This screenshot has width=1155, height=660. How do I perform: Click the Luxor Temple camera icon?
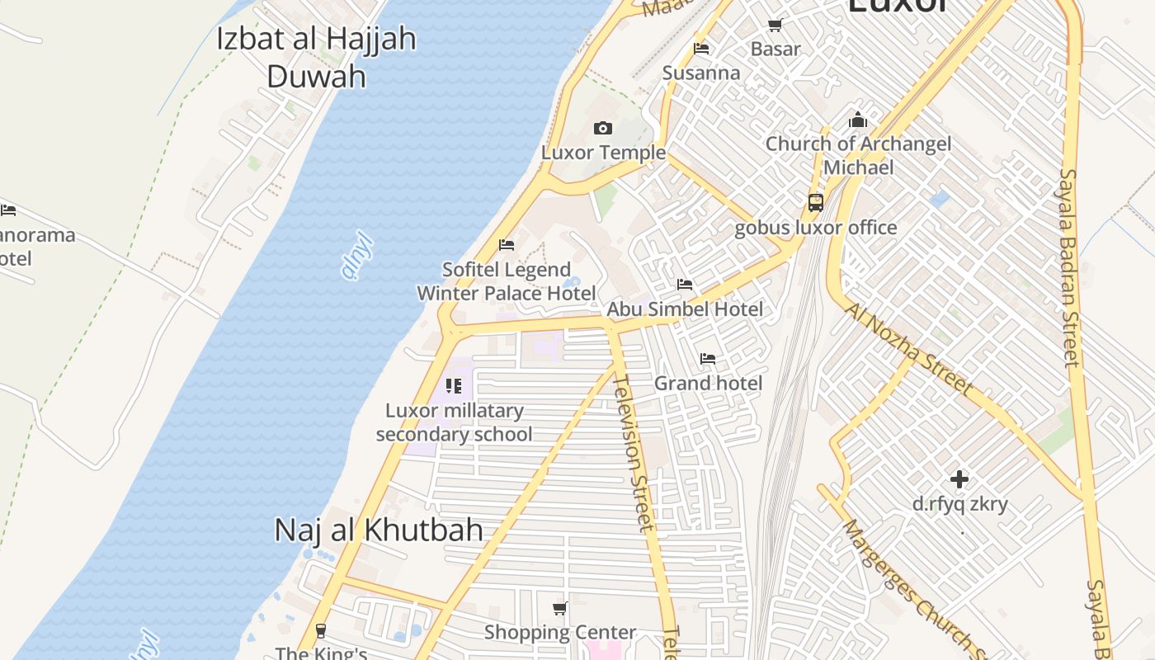pos(603,128)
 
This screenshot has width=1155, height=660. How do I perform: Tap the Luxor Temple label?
pos(603,153)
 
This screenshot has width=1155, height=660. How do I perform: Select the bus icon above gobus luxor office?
pos(815,202)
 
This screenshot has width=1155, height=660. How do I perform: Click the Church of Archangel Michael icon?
pos(858,120)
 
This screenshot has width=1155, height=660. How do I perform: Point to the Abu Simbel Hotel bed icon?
pos(685,285)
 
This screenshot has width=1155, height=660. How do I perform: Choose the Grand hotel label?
pos(708,383)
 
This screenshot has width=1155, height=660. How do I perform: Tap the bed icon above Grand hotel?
pos(708,359)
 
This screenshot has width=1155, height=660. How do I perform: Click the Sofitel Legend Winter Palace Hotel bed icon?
pos(507,245)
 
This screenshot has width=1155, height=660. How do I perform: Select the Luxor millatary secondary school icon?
pos(453,385)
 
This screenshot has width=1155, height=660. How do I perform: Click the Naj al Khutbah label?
pos(379,530)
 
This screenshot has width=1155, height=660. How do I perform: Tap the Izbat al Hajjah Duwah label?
pos(317,58)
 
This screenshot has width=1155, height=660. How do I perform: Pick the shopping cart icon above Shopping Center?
pos(560,609)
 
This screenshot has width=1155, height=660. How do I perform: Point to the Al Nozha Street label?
pos(908,349)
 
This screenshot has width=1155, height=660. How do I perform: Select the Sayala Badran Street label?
pos(1070,267)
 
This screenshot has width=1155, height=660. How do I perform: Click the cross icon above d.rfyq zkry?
pos(959,478)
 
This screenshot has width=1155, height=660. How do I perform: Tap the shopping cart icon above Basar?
pos(775,26)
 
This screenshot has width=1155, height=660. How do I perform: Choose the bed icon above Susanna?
pos(701,49)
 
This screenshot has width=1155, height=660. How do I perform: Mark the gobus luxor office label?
pos(815,228)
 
